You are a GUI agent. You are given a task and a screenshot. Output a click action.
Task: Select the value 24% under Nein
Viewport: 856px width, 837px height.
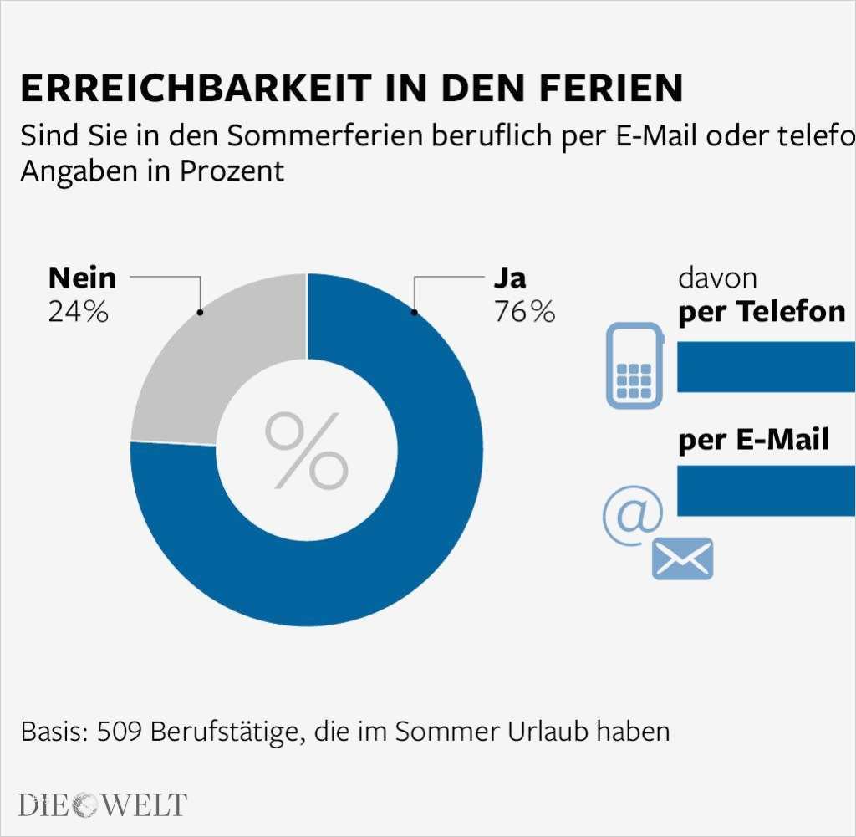click(78, 312)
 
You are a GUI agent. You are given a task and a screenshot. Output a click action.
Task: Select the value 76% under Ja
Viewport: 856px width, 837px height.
click(524, 312)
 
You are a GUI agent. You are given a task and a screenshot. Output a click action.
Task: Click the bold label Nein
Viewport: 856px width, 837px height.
click(82, 278)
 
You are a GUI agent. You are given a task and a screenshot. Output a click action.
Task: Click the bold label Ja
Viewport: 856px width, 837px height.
click(510, 278)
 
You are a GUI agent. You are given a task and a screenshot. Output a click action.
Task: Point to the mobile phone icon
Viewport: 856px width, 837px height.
click(634, 367)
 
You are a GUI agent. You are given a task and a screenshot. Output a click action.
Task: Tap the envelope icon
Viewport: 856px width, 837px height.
click(682, 559)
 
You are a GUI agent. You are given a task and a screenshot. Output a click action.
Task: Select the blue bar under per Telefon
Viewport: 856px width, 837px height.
click(766, 367)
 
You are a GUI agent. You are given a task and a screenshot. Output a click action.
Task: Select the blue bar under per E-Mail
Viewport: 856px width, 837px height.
click(766, 491)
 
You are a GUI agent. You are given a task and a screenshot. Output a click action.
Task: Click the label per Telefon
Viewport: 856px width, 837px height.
click(762, 312)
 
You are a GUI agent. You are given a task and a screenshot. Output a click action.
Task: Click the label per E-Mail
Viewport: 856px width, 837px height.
click(753, 439)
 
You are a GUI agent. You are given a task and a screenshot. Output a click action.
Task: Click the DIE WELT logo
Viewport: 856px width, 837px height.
click(102, 805)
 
